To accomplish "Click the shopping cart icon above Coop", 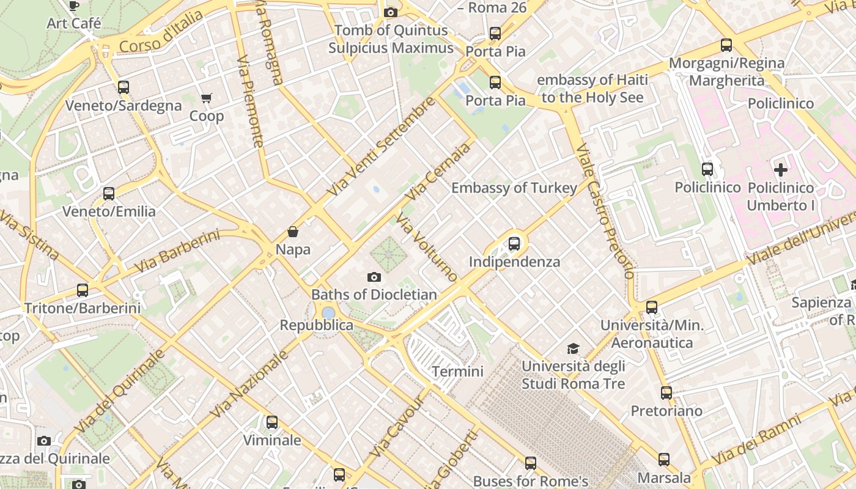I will click(x=207, y=98).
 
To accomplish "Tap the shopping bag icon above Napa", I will click(x=293, y=232).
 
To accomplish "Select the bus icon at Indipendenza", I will click(x=514, y=244).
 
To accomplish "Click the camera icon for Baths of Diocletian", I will click(x=374, y=278).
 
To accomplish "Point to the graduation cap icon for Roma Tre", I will click(x=573, y=348).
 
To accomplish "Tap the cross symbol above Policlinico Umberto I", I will click(x=781, y=169).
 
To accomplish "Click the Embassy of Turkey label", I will click(x=514, y=188).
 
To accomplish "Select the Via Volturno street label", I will click(x=427, y=248).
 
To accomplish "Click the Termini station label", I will click(x=457, y=371).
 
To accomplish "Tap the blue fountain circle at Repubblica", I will click(x=328, y=313).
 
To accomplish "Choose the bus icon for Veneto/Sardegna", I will click(x=124, y=87).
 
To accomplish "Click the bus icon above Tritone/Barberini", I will click(x=83, y=290).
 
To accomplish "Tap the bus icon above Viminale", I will click(x=272, y=422).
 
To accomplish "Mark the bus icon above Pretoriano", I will click(x=666, y=393).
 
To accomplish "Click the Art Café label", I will click(x=74, y=23).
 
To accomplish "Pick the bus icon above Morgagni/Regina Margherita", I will click(x=726, y=45).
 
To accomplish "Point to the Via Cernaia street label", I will click(x=439, y=172).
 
